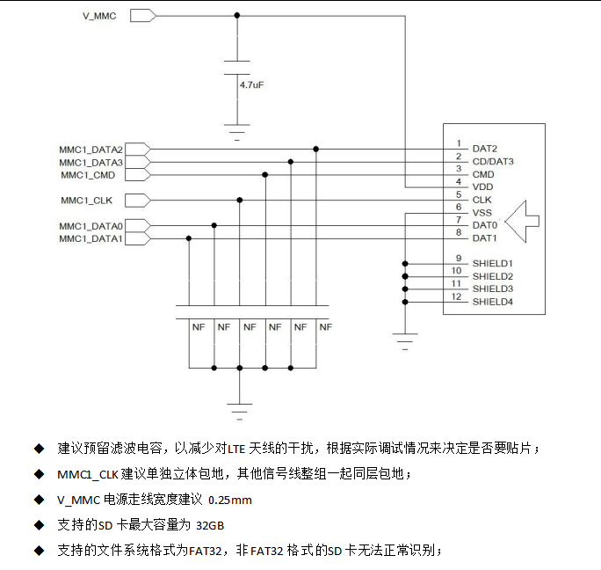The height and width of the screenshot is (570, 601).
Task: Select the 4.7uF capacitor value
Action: coord(252,86)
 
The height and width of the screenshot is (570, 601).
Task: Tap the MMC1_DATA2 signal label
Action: coord(91,150)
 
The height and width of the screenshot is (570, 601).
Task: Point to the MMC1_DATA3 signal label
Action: coord(91,163)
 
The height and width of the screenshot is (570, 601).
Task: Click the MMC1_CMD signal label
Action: coord(94,175)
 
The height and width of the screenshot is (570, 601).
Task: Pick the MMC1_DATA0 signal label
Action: coord(91,226)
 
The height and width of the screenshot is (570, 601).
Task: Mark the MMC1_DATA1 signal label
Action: coord(91,238)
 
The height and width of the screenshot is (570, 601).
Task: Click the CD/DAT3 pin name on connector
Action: coord(492,162)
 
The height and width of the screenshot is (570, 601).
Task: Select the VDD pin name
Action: coord(482,187)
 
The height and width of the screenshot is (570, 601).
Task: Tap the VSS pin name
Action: coord(482,213)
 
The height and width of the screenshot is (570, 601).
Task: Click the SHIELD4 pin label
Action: coord(492,303)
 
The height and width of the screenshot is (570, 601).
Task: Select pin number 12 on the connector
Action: coord(456,296)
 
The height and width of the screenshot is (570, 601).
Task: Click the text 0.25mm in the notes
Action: coord(229,500)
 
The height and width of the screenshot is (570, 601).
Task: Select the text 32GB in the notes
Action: coord(210,525)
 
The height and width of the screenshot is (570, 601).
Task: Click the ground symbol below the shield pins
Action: coord(405,341)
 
